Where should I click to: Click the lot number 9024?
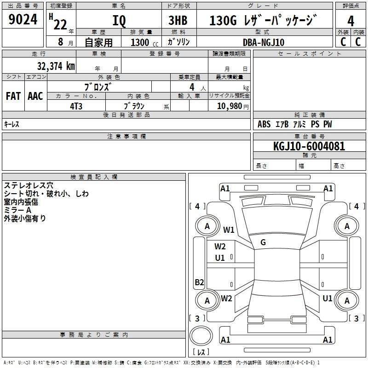[23, 19]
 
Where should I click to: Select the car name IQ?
[119, 21]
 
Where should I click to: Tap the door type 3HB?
[178, 20]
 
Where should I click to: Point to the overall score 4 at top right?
[351, 21]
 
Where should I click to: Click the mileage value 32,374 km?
[56, 66]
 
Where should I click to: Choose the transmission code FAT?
[13, 96]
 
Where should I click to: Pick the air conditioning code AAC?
[35, 96]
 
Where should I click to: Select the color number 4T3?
[76, 106]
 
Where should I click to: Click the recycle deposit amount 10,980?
[229, 106]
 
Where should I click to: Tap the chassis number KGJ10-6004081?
[309, 146]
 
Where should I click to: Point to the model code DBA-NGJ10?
[264, 42]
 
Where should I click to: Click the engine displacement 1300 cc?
[144, 42]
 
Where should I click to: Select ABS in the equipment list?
[264, 124]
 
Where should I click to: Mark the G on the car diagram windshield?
[263, 242]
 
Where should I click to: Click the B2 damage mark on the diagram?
[199, 282]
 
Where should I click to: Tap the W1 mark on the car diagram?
[229, 230]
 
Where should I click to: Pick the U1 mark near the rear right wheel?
[328, 299]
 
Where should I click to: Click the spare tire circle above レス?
[201, 335]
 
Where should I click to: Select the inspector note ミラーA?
[17, 210]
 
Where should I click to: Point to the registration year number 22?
[60, 25]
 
